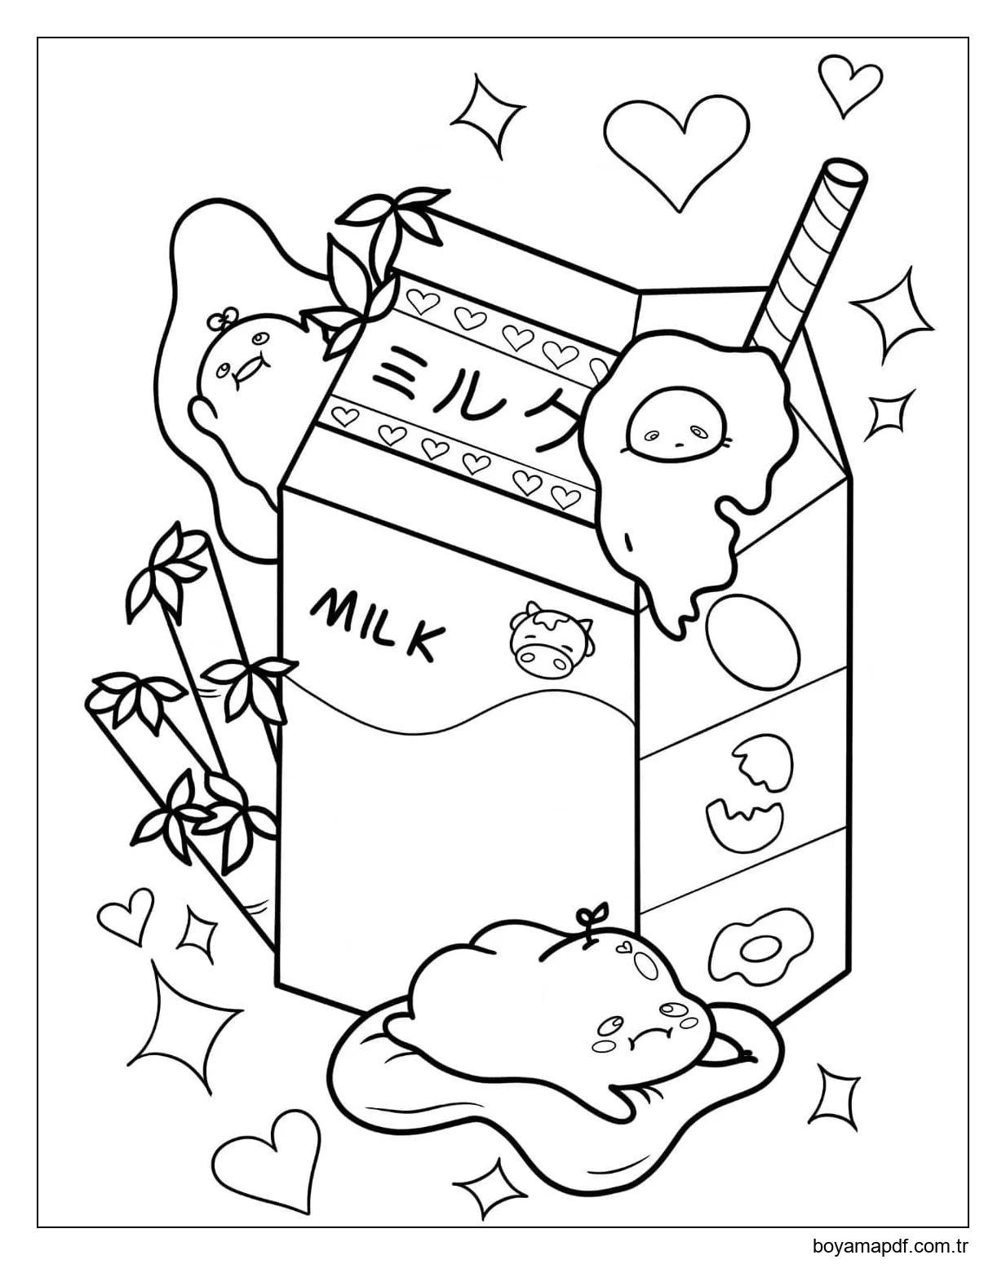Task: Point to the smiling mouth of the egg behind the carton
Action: click(247, 372)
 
